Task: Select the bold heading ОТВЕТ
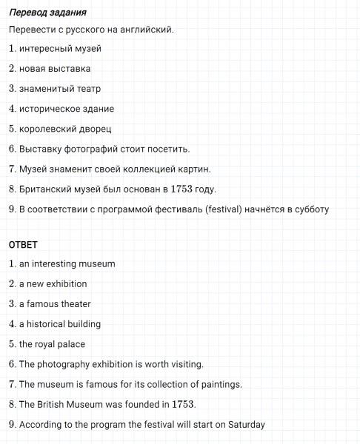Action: click(23, 244)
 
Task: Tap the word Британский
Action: click(45, 189)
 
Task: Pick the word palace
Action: click(72, 344)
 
